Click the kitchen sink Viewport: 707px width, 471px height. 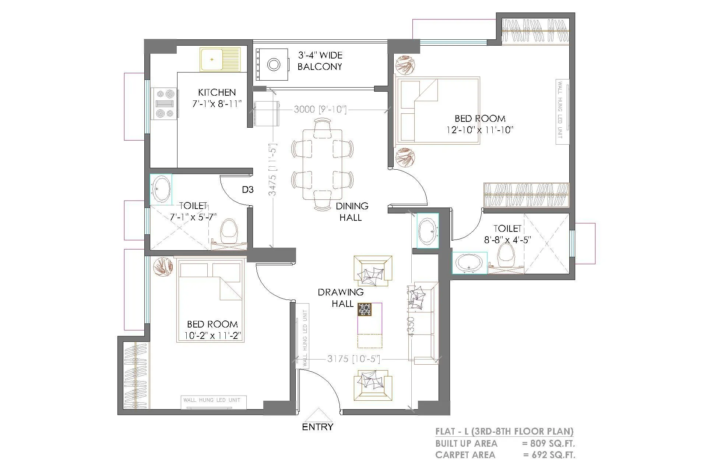[x=220, y=59]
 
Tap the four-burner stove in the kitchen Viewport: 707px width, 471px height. [x=165, y=104]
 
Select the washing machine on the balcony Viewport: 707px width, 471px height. [x=272, y=64]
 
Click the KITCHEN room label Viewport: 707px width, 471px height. [x=217, y=92]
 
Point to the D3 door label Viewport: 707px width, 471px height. [x=247, y=190]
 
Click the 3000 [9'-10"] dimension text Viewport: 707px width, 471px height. [x=320, y=109]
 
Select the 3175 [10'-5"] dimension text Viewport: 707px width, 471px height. [x=353, y=359]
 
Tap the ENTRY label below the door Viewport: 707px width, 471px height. [x=317, y=427]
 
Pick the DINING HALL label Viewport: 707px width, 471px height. [x=352, y=212]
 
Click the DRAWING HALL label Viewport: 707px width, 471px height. [x=341, y=298]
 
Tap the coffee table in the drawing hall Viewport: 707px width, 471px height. [x=370, y=325]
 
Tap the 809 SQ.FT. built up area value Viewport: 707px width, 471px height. [x=552, y=443]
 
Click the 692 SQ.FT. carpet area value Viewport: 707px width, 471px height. [x=553, y=455]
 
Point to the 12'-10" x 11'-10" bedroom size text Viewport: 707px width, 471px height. [x=479, y=130]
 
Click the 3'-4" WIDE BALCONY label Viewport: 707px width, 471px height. [x=320, y=61]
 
